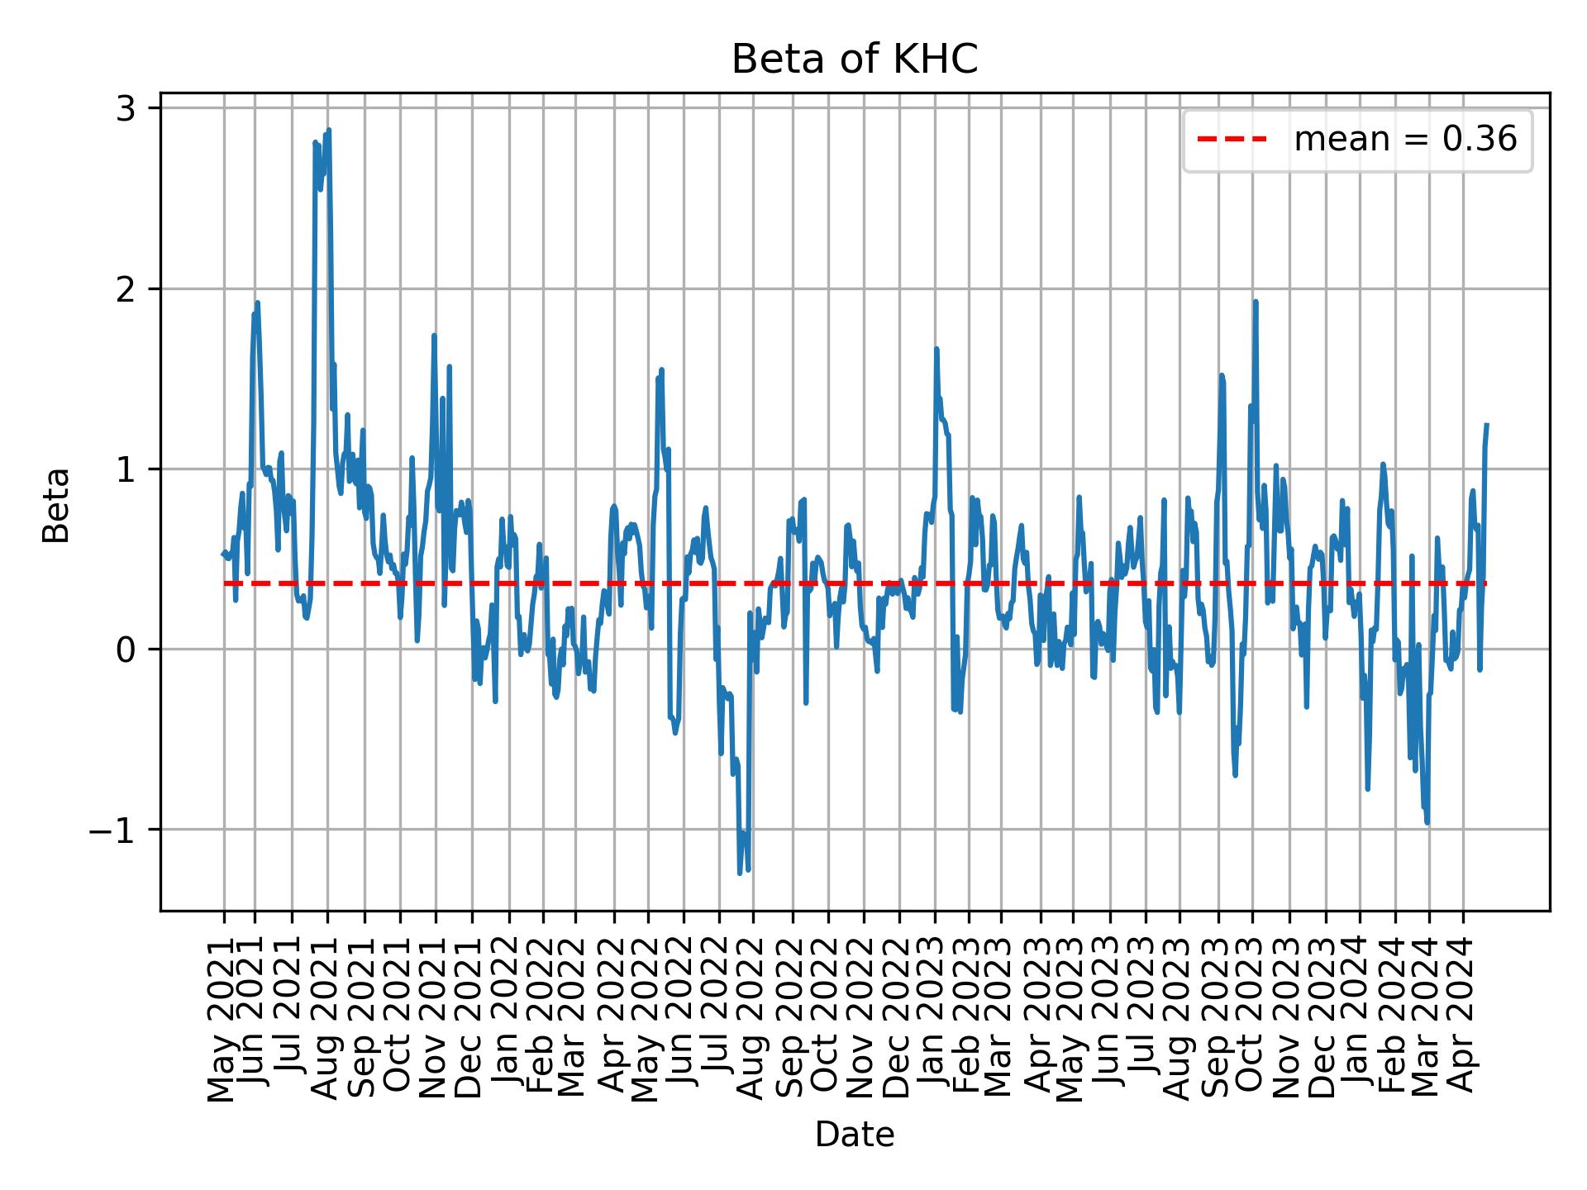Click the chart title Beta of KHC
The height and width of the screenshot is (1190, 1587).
854,59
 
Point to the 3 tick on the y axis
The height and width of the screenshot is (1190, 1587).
125,109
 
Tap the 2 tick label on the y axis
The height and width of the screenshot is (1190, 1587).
125,289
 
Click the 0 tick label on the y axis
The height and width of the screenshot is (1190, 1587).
125,650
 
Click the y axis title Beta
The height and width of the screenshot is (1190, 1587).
56,505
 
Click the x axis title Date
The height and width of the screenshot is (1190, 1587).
854,1135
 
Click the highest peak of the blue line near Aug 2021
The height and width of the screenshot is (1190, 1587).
328,130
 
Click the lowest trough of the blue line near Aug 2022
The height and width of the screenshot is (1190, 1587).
740,873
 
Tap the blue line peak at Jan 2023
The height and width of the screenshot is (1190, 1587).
936,349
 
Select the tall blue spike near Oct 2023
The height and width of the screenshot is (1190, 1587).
1256,302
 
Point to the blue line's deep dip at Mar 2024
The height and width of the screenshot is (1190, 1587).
1427,822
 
